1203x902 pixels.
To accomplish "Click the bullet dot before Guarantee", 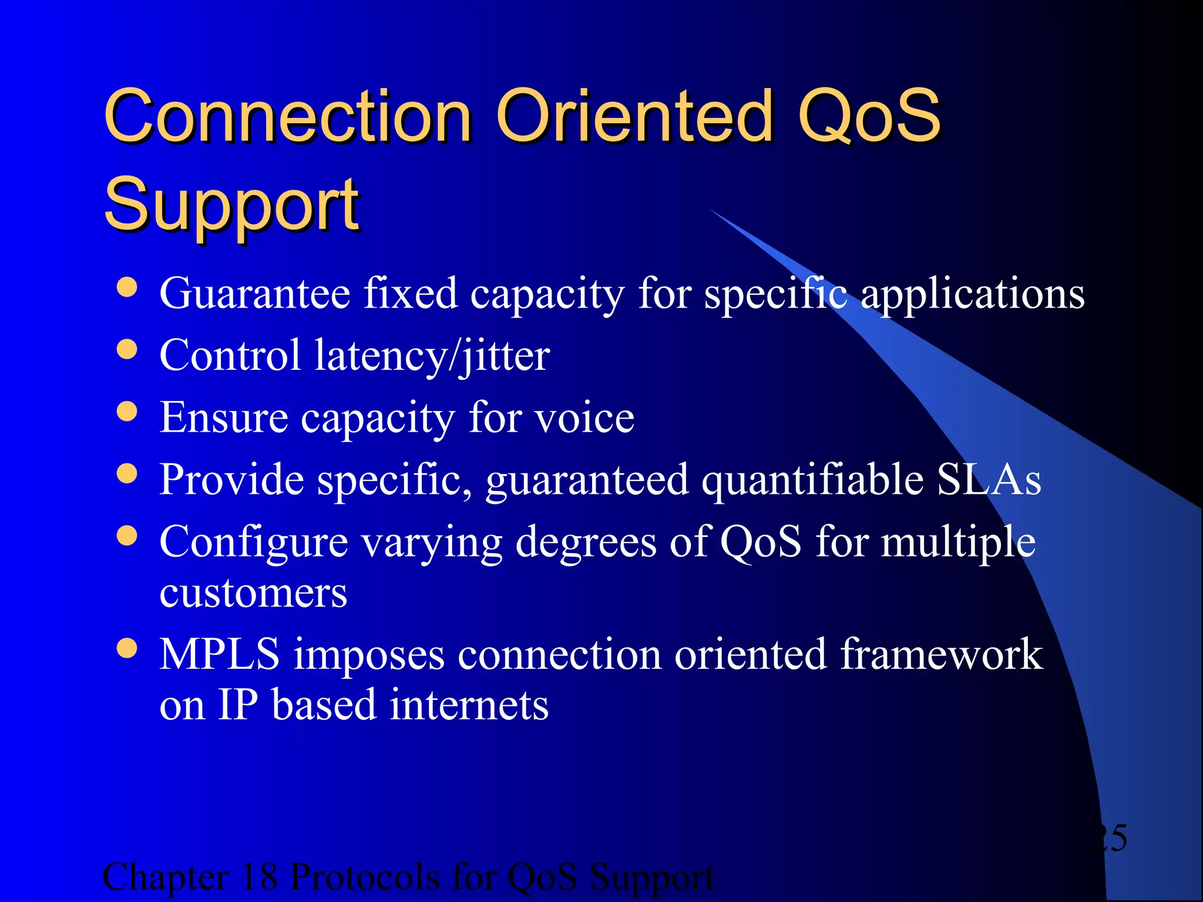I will (127, 288).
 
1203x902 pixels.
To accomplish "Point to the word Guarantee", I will (255, 293).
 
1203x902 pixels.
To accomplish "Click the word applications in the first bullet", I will (972, 294).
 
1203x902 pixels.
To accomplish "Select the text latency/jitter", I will (432, 356).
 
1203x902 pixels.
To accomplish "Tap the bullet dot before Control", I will (127, 350).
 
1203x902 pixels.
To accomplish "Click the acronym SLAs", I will (989, 480).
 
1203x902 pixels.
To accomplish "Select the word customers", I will (253, 593).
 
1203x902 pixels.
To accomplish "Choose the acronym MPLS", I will (220, 654).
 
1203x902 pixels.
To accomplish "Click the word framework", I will (941, 654).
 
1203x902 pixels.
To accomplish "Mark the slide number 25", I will (1110, 837).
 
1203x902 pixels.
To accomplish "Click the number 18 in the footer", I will (258, 877).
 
